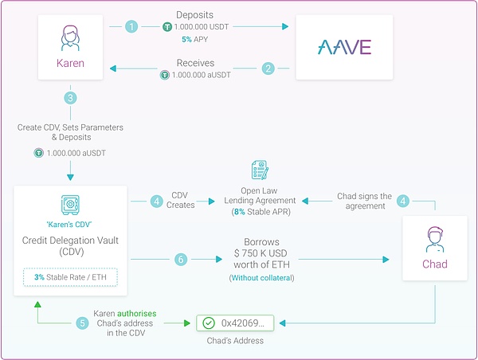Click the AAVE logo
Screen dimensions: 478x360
click(344, 47)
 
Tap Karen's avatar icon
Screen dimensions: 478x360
click(70, 37)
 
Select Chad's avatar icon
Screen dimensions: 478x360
click(435, 240)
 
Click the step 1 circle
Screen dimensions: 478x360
click(131, 26)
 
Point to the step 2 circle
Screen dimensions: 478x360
click(268, 68)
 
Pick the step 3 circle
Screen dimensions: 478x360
click(70, 98)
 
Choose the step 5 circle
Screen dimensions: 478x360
click(82, 323)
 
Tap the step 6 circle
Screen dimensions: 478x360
click(181, 260)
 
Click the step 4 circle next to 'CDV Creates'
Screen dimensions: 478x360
click(157, 202)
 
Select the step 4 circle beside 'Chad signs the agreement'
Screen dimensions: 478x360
click(403, 201)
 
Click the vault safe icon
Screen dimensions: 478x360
click(70, 205)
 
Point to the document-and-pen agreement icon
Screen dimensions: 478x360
click(260, 170)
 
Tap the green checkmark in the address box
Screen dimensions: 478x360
click(209, 323)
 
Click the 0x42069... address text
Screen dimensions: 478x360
click(243, 323)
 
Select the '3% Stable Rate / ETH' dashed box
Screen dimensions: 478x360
click(70, 277)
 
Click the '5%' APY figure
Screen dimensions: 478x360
click(186, 39)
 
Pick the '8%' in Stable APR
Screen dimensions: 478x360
click(240, 212)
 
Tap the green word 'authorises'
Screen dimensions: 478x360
click(136, 313)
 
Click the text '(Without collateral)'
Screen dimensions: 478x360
click(261, 278)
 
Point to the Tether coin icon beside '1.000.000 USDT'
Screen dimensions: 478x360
click(167, 27)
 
